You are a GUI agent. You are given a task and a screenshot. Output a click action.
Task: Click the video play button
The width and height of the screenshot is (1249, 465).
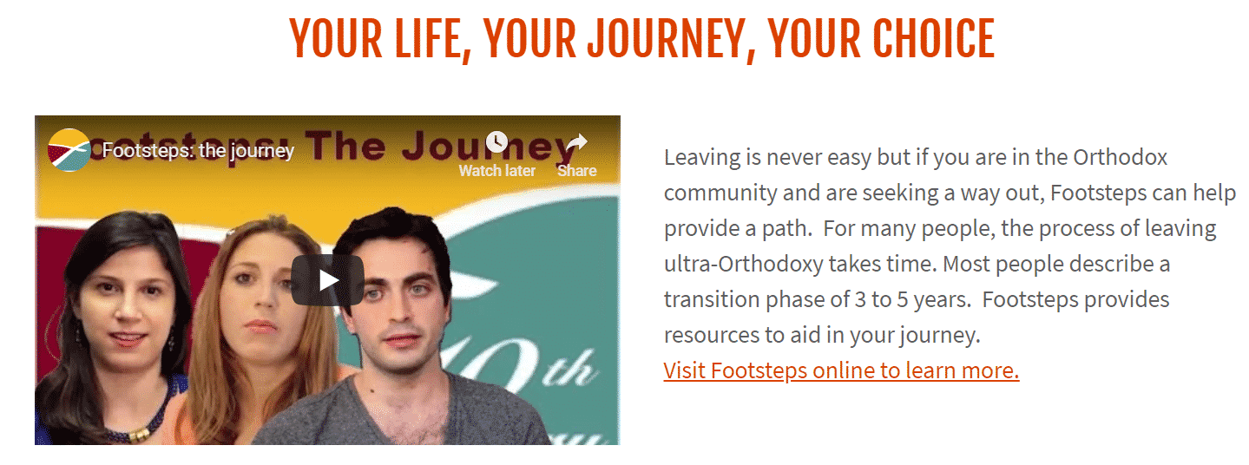pyautogui.click(x=328, y=280)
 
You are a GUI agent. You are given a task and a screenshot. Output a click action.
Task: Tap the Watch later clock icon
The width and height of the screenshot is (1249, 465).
pyautogui.click(x=496, y=142)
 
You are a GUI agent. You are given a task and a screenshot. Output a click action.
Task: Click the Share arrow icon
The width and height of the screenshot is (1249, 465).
pyautogui.click(x=577, y=142)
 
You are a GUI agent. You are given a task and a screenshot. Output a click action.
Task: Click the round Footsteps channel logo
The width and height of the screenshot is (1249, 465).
pyautogui.click(x=69, y=150)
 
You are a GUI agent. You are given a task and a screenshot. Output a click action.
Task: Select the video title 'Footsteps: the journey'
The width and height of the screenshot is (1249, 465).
pyautogui.click(x=198, y=151)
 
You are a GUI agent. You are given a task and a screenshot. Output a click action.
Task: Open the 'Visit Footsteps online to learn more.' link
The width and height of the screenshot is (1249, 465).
pyautogui.click(x=841, y=370)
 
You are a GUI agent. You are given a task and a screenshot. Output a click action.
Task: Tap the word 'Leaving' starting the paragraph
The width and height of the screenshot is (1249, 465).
pyautogui.click(x=702, y=158)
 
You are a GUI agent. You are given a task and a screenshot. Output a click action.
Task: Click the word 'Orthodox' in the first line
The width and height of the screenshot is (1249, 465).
pyautogui.click(x=1121, y=157)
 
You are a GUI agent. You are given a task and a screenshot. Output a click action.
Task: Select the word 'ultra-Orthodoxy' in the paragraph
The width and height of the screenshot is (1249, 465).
pyautogui.click(x=743, y=265)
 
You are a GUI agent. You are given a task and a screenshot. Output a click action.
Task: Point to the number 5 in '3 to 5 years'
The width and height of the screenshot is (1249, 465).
pyautogui.click(x=902, y=300)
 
